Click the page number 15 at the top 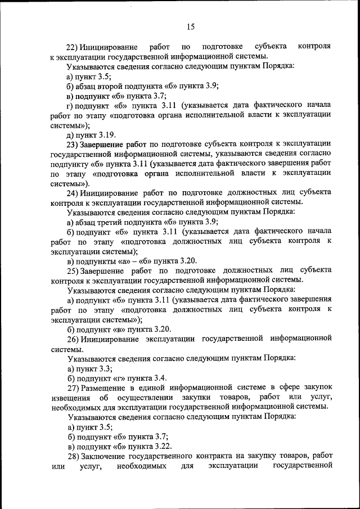click(x=190, y=26)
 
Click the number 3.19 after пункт click(x=105, y=134)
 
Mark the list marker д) click(x=70, y=134)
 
